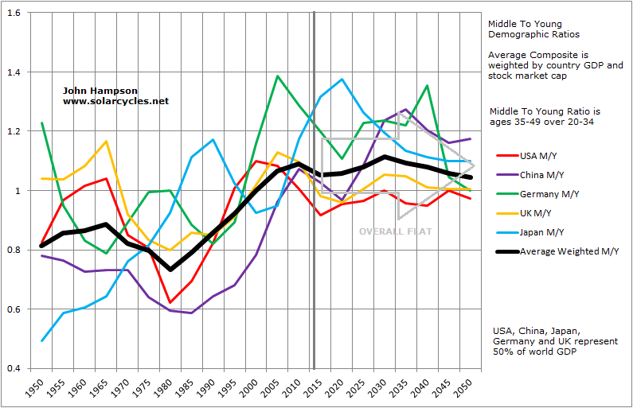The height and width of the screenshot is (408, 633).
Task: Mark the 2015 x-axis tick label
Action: (315, 387)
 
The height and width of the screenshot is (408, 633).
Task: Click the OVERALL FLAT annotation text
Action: (395, 231)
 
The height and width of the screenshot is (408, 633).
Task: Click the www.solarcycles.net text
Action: (115, 102)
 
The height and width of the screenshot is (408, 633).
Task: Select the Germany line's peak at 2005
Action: (276, 76)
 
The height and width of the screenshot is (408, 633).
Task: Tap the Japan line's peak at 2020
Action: (342, 80)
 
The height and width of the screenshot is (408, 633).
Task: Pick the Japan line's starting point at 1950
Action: (42, 340)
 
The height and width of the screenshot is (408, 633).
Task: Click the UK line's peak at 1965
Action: (105, 142)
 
